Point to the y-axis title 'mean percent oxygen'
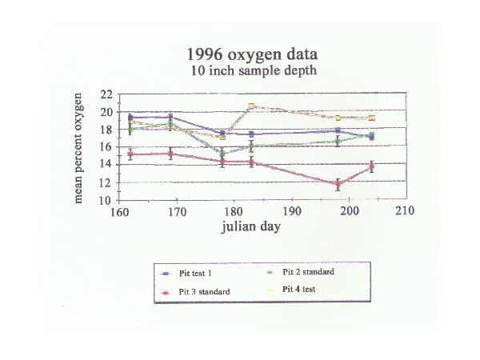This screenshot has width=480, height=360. point(79,146)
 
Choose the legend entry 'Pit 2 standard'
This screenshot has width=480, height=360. point(307,272)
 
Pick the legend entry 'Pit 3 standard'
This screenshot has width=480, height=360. point(202,292)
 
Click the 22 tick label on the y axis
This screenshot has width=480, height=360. point(106,94)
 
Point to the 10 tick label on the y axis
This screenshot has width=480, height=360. point(106,201)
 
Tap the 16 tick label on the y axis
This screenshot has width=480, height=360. point(106,147)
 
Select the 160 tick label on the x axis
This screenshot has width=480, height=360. point(119,212)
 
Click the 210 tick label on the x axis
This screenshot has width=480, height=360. point(406,212)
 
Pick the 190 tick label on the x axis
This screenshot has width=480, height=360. point(291,212)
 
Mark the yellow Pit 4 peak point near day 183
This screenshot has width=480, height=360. point(251,106)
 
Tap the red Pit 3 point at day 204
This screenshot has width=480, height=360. point(371,166)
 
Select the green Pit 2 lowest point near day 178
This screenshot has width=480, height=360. point(222,153)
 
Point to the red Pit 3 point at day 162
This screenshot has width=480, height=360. point(130,154)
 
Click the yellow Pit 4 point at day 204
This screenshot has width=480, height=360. point(371,118)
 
